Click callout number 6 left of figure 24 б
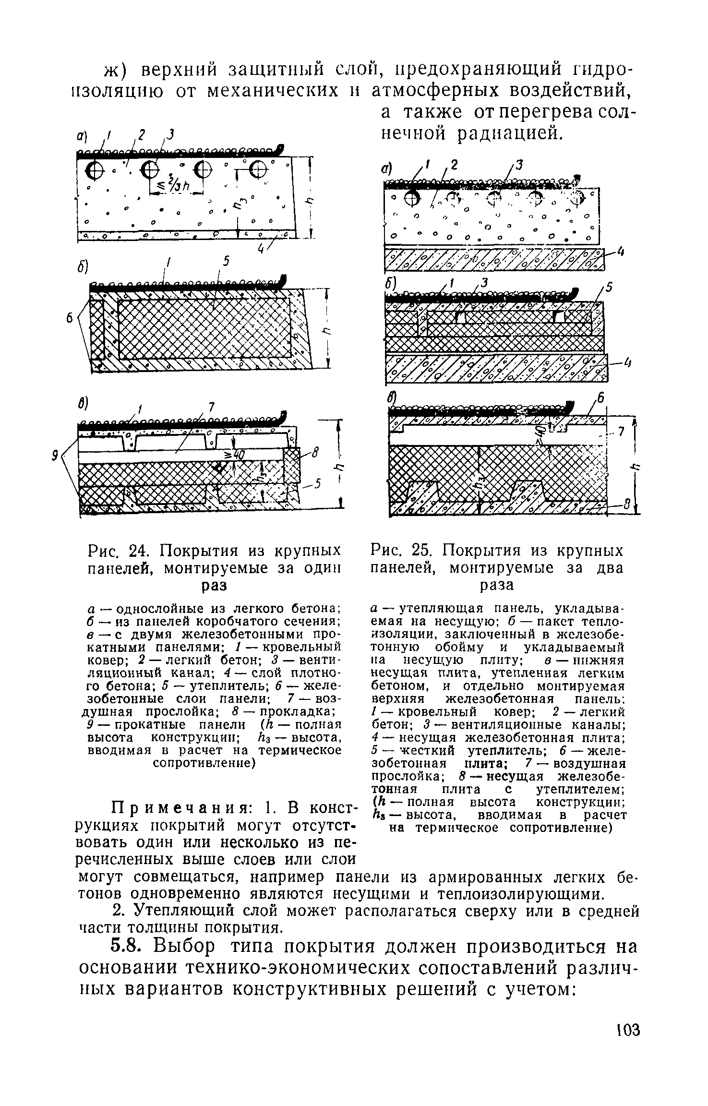point(69,318)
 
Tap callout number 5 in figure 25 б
point(609,287)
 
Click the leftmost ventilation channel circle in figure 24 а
point(95,169)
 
